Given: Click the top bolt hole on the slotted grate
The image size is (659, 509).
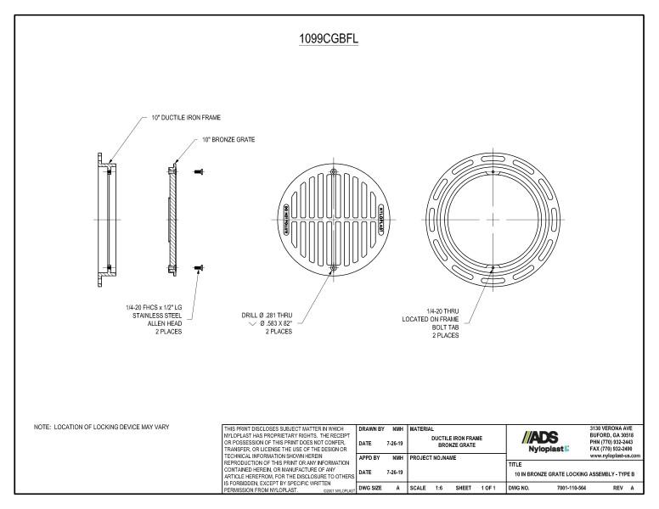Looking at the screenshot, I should (333, 172).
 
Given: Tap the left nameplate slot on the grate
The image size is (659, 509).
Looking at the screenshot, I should (285, 220).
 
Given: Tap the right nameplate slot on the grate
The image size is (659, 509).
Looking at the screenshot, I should (380, 220).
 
